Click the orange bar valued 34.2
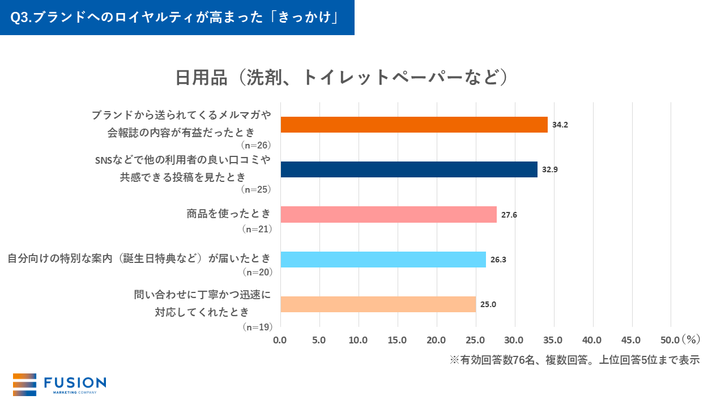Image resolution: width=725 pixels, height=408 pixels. coord(414,125)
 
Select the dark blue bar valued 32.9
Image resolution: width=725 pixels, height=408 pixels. coord(409,169)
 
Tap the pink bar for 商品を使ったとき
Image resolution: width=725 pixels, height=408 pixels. coord(389,214)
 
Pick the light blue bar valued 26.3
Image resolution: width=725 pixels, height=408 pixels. coord(383,260)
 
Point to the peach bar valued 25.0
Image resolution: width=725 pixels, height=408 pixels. coord(378,304)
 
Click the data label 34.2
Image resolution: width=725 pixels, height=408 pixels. coord(560,125)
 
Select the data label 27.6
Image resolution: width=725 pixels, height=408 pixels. coord(509,215)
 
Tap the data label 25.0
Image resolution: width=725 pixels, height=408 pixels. coord(488,304)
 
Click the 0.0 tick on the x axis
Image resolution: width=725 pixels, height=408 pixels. coord(280,340)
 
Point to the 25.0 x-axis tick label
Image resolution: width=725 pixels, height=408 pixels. coord(476,340)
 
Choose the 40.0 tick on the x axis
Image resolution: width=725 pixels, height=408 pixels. coord(593,340)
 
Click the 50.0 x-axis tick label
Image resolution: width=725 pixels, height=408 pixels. coord(671,340)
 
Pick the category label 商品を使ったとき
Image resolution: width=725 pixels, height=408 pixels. coord(229,214)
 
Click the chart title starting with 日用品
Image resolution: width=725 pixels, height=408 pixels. coord(340,78)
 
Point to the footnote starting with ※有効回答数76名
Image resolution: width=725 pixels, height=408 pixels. coord(575,360)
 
